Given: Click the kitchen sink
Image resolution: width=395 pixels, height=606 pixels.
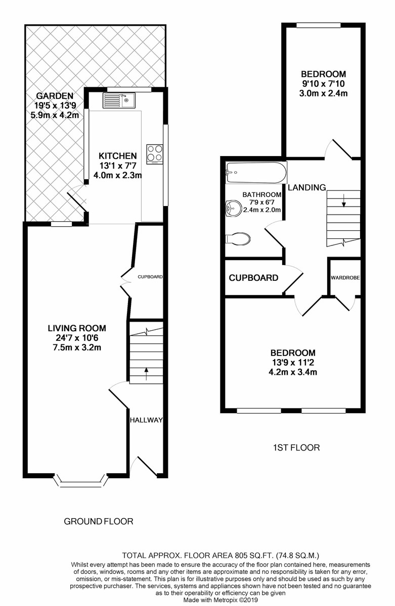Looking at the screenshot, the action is click(119, 100).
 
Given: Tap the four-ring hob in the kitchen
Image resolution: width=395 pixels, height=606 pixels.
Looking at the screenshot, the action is click(155, 154).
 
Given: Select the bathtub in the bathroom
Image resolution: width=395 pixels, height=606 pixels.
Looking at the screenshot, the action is click(256, 173).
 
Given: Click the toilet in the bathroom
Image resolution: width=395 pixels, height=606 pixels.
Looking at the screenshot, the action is click(238, 238).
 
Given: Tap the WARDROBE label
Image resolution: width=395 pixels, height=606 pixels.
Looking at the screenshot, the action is click(345, 278).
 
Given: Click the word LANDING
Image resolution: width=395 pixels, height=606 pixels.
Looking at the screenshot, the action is click(306, 187).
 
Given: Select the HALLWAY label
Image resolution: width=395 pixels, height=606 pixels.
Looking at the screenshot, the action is click(146, 420).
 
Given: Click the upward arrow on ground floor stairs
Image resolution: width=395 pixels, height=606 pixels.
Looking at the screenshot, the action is click(147, 374).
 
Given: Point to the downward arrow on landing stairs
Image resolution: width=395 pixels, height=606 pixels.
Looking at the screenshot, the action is click(344, 200).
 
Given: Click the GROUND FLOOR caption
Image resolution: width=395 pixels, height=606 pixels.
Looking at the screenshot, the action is click(99, 521).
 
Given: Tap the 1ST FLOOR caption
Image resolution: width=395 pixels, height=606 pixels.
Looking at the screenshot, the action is click(296, 447).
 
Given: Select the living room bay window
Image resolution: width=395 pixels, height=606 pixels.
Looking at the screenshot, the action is click(80, 480).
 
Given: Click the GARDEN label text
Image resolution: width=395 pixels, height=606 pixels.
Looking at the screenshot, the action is click(55, 96).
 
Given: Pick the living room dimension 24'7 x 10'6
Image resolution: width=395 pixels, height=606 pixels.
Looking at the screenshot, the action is click(77, 338).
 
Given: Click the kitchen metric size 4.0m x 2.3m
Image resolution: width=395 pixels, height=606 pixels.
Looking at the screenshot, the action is click(117, 175).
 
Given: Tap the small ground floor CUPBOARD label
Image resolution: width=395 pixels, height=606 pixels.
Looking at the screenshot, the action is click(150, 277).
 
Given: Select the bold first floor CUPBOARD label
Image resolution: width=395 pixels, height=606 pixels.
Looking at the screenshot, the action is click(253, 278).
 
